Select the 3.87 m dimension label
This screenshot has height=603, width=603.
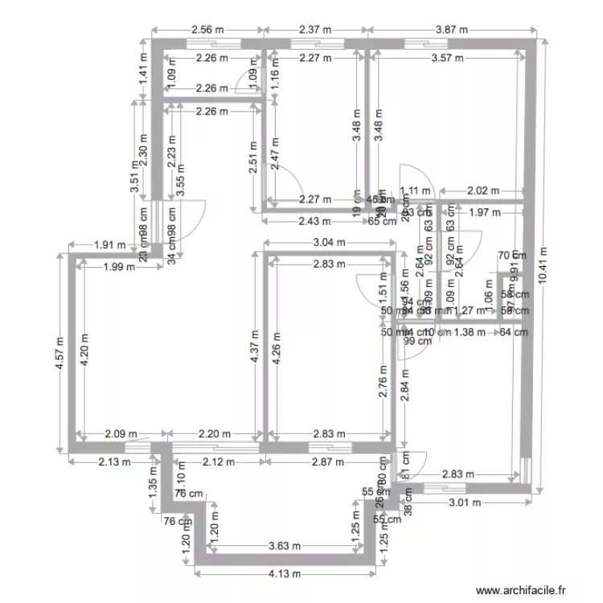452,30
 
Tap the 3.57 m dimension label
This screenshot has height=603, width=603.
447,58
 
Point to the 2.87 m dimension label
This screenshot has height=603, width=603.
327,462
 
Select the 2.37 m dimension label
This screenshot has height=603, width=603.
315,30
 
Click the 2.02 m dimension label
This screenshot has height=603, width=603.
483,191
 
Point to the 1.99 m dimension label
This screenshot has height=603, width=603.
119,269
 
